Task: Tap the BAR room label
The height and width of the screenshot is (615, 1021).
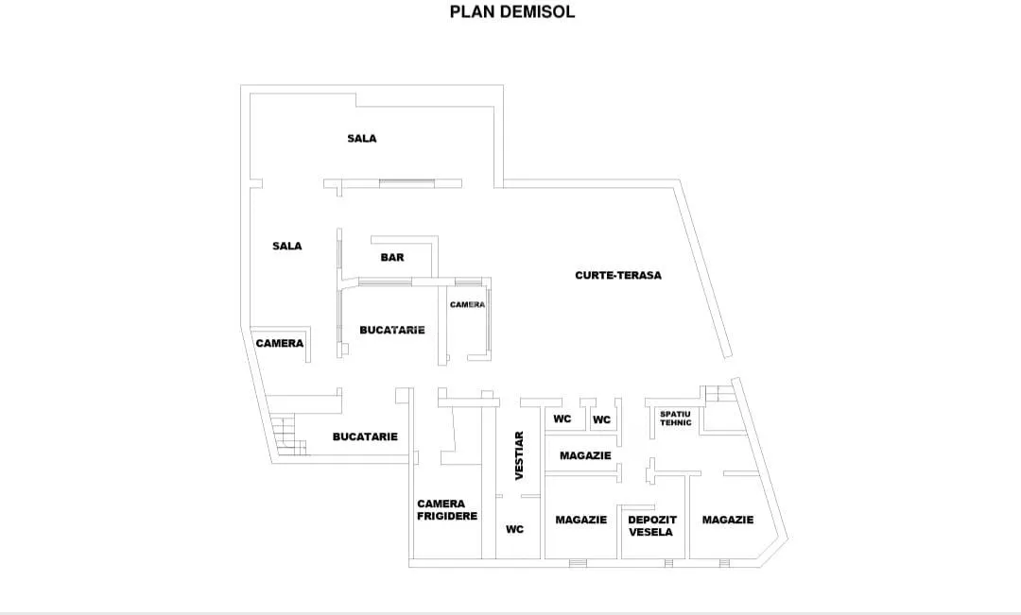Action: click(392, 258)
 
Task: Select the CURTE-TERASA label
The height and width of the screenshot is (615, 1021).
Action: click(618, 275)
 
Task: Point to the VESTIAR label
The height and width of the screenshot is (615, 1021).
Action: click(519, 455)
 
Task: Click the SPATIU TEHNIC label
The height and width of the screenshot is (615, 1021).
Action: click(675, 419)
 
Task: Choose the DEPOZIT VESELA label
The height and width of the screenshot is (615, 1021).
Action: click(651, 526)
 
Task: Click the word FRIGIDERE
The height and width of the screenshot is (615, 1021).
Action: click(447, 516)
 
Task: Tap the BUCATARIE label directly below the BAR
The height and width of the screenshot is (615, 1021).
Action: click(392, 330)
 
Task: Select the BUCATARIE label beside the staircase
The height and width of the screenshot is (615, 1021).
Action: click(365, 436)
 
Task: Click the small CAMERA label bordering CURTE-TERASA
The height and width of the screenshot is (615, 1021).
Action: click(467, 304)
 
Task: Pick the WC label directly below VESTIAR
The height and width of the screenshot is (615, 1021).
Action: click(514, 530)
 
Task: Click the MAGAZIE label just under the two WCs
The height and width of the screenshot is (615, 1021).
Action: click(585, 455)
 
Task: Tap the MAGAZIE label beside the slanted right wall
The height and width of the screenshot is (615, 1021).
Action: click(727, 520)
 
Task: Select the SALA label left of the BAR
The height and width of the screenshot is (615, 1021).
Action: click(286, 246)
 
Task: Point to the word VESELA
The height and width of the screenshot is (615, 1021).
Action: click(651, 532)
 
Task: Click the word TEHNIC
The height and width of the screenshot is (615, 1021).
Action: click(676, 423)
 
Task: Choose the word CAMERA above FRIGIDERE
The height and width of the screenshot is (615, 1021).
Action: click(441, 504)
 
